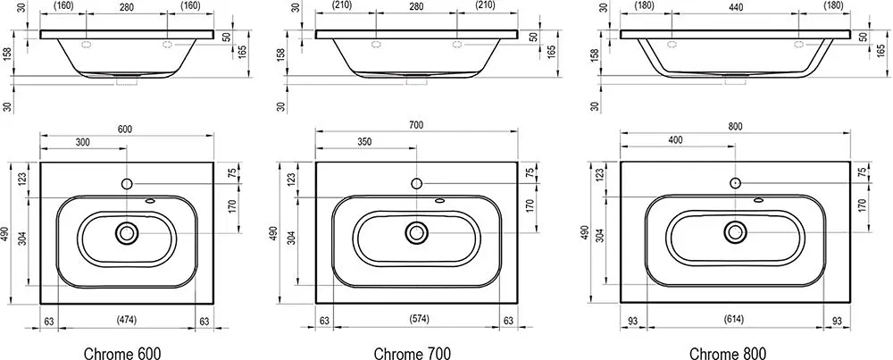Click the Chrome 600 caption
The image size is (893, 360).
point(119,353)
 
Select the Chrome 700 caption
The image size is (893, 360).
point(413,353)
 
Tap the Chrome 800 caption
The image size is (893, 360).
point(728,353)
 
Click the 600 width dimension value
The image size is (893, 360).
point(125,130)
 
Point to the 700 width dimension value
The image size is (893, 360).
point(416,125)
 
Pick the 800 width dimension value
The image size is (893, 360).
point(735,127)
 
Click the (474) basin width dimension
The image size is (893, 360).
point(127,320)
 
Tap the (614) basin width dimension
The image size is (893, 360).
point(735,319)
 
